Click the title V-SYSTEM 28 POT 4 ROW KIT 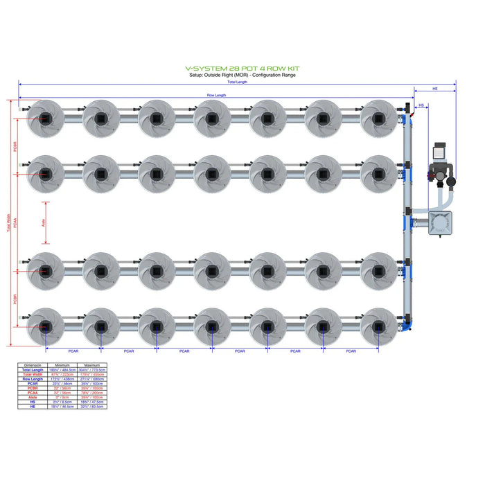pyautogui.click(x=242, y=69)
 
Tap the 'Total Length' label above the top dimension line pyautogui.click(x=237, y=82)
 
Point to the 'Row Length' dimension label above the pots pyautogui.click(x=216, y=95)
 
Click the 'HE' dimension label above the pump pyautogui.click(x=434, y=89)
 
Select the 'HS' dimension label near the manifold pyautogui.click(x=421, y=105)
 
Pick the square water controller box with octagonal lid pyautogui.click(x=440, y=224)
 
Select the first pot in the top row pyautogui.click(x=45, y=118)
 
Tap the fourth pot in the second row pyautogui.click(x=212, y=174)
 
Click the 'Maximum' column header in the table pyautogui.click(x=92, y=365)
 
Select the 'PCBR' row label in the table pyautogui.click(x=33, y=388)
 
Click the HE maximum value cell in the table pyautogui.click(x=92, y=407)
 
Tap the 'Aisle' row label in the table pyautogui.click(x=33, y=398)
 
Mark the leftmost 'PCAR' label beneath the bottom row pyautogui.click(x=73, y=351)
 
